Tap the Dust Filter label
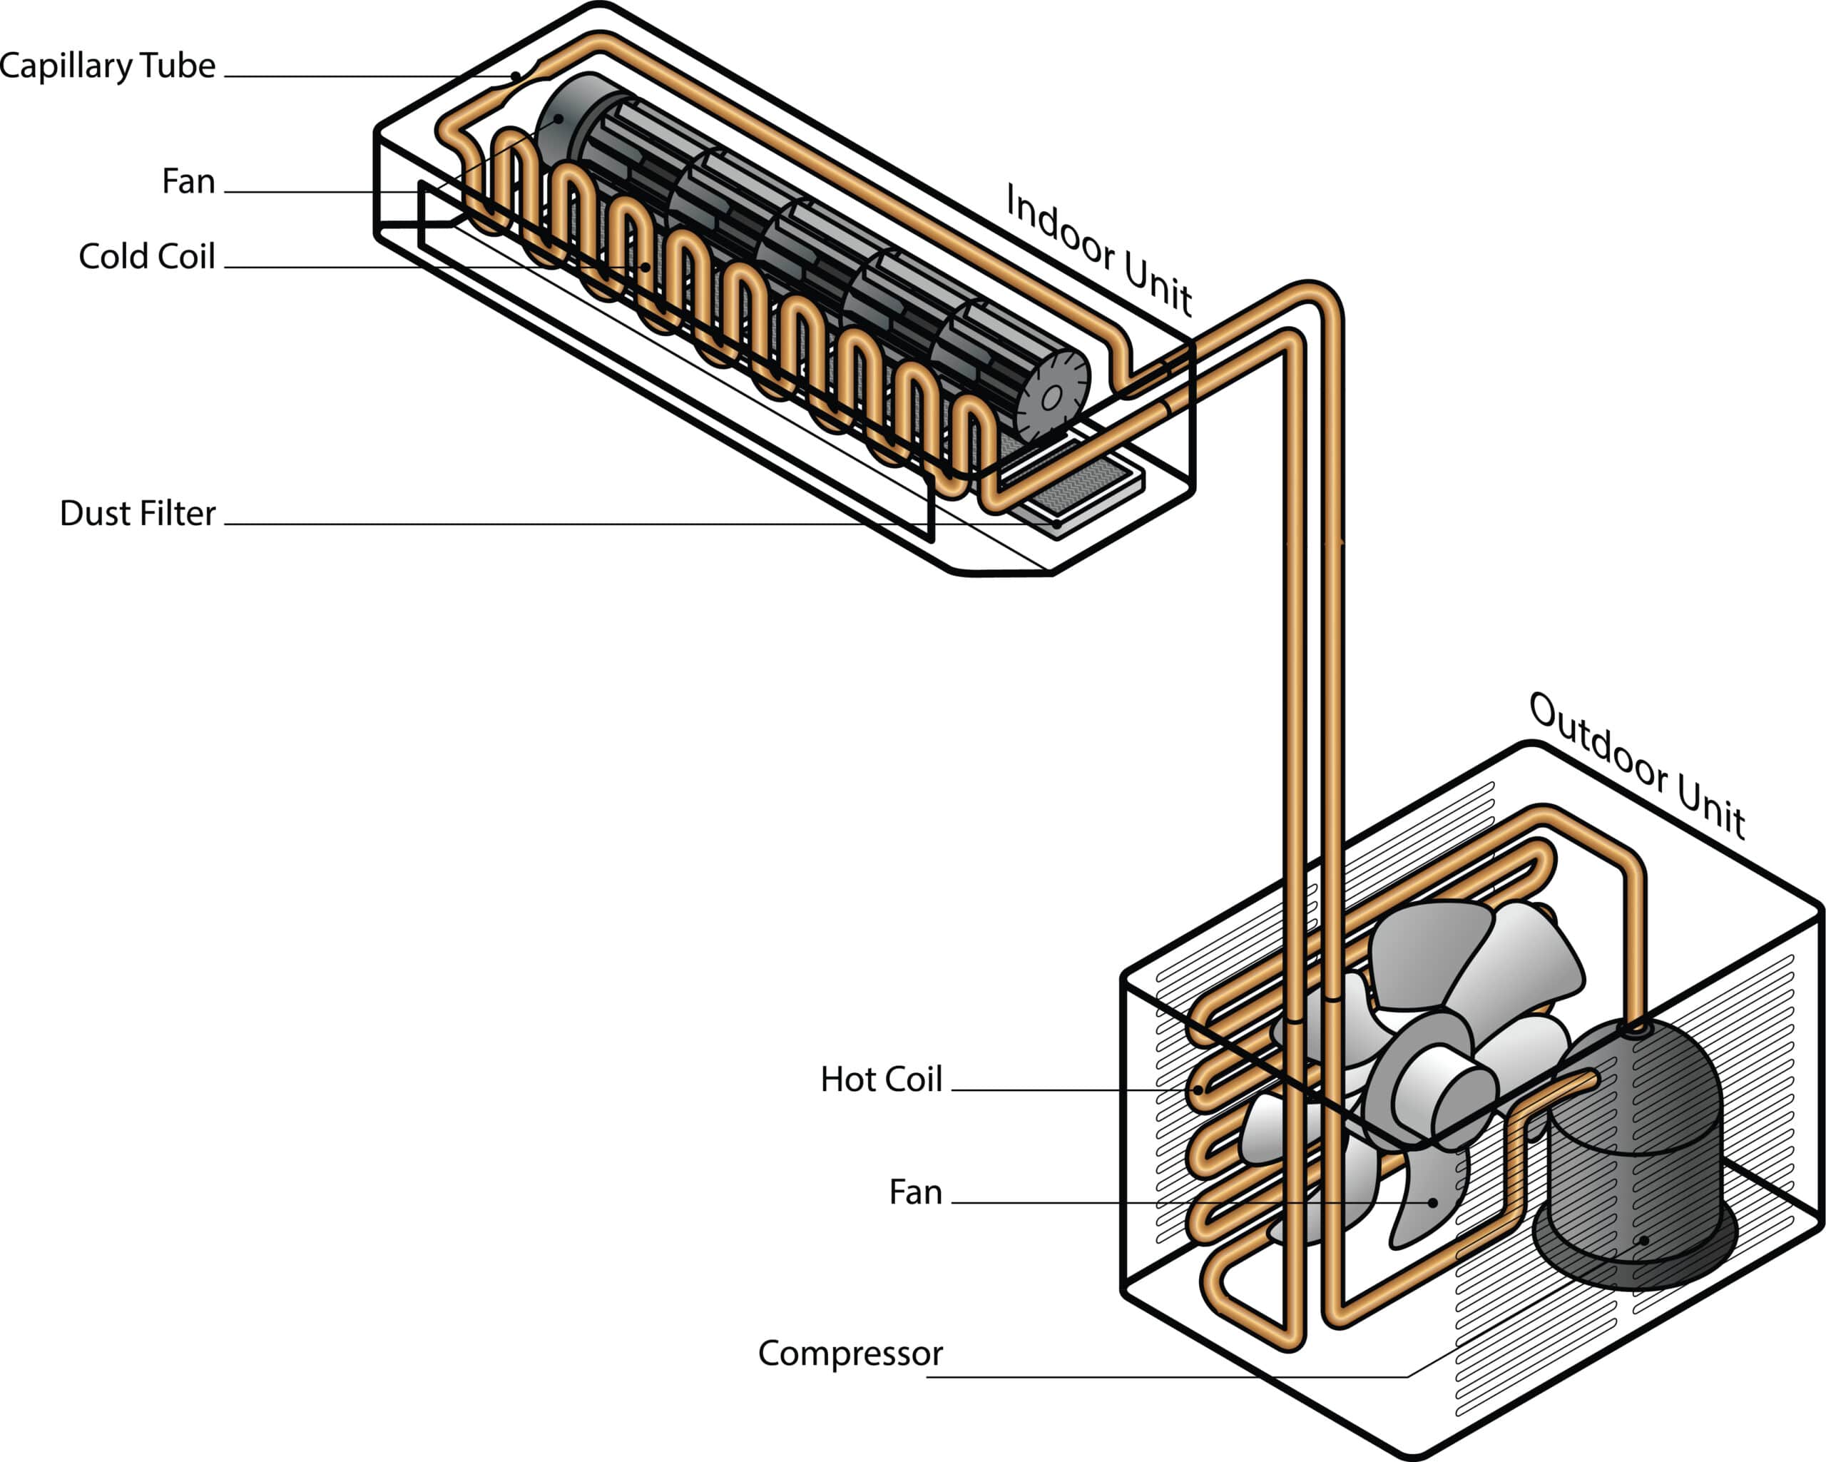pyautogui.click(x=137, y=513)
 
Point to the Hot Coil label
pyautogui.click(x=881, y=1079)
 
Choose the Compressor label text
pyautogui.click(x=850, y=1354)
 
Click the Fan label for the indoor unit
pyautogui.click(x=188, y=181)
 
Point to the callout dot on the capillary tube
pyautogui.click(x=516, y=77)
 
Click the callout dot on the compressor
pyautogui.click(x=1645, y=1240)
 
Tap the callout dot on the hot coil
pyautogui.click(x=1202, y=1090)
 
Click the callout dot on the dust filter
pyautogui.click(x=1057, y=524)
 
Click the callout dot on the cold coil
pyautogui.click(x=646, y=267)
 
